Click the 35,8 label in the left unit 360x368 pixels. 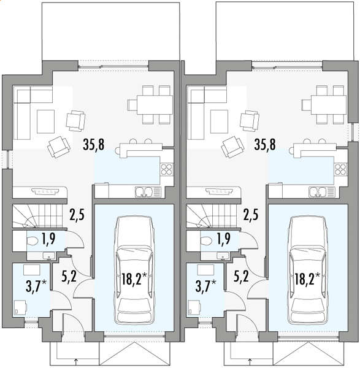coord(93,144)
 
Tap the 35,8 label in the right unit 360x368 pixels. coord(265,144)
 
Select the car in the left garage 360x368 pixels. coord(134,270)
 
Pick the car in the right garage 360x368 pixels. coord(308,270)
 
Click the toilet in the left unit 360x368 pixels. coord(33,241)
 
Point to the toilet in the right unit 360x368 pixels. coord(206,241)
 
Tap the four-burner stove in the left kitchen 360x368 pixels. coord(166,169)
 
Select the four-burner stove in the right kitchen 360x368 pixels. coord(340,169)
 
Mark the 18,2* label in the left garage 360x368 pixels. coord(134,279)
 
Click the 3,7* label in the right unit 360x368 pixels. coord(205,286)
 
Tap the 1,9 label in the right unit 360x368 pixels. coord(224,239)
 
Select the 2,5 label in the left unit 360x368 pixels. coord(77,215)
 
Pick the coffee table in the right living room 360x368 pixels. coord(219,121)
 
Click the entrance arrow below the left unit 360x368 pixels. coord(75,361)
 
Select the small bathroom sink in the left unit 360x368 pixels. coord(49,256)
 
